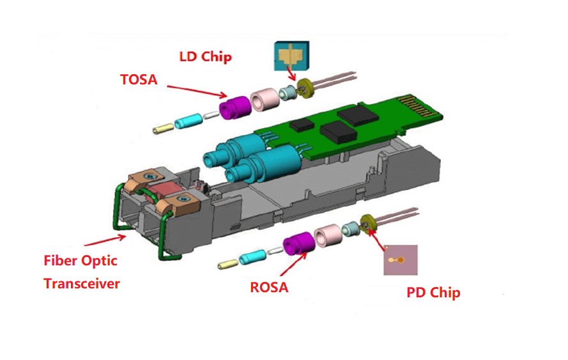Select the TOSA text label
[139, 80]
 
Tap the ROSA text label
[269, 288]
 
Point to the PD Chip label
[433, 293]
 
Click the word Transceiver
[82, 284]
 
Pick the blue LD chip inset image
[291, 57]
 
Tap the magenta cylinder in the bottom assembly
[296, 246]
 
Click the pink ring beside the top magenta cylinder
[263, 98]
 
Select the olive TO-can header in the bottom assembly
[367, 223]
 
